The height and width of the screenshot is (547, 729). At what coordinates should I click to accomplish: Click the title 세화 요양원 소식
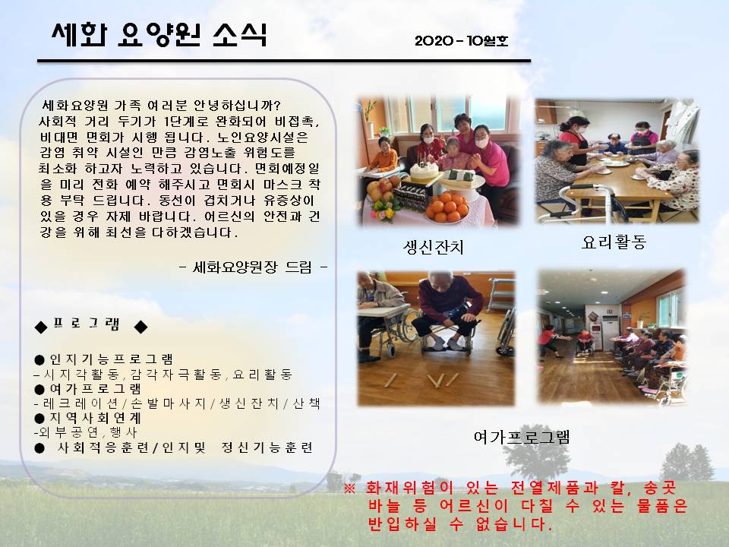[x=159, y=34]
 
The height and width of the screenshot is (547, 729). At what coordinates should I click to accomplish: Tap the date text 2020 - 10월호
[x=461, y=41]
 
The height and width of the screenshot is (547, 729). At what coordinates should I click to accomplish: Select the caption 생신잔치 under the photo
[x=434, y=246]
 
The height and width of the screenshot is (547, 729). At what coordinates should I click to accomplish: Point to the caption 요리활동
[x=614, y=242]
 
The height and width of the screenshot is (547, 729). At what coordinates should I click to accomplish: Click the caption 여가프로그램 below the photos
[x=522, y=437]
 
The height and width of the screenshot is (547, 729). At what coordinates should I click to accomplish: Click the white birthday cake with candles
[x=424, y=172]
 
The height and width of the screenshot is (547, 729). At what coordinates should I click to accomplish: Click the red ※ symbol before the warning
[x=349, y=489]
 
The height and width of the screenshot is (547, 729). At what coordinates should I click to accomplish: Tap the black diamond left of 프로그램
[x=41, y=327]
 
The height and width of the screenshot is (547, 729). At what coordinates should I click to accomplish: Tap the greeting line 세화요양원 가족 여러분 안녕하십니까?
[x=161, y=105]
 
